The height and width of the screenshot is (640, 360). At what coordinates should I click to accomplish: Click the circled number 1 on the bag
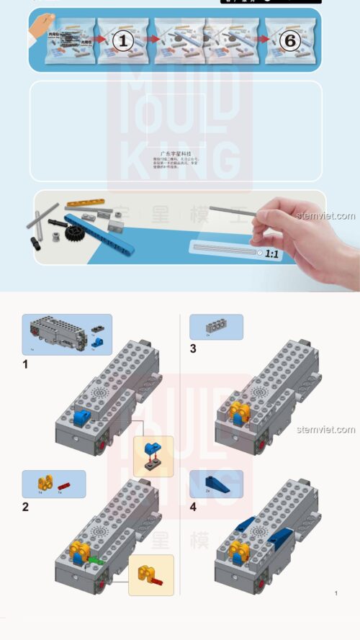pos(122,41)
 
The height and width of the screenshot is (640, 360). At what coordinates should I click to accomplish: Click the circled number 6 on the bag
pos(289,41)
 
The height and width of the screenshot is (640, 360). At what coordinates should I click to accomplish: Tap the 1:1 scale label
pos(271,253)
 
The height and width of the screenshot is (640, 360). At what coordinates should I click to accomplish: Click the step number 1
pos(25,364)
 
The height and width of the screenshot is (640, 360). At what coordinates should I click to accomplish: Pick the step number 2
pos(25,507)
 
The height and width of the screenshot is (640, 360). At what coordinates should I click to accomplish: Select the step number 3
pos(192,349)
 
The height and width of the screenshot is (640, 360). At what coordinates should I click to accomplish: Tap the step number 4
pos(193,507)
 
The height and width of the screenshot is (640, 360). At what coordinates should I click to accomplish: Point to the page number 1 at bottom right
pos(336,593)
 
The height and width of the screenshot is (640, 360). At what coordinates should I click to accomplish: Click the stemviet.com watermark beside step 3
pos(326,430)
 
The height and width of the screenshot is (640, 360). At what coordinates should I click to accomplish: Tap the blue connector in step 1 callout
pos(152,451)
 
